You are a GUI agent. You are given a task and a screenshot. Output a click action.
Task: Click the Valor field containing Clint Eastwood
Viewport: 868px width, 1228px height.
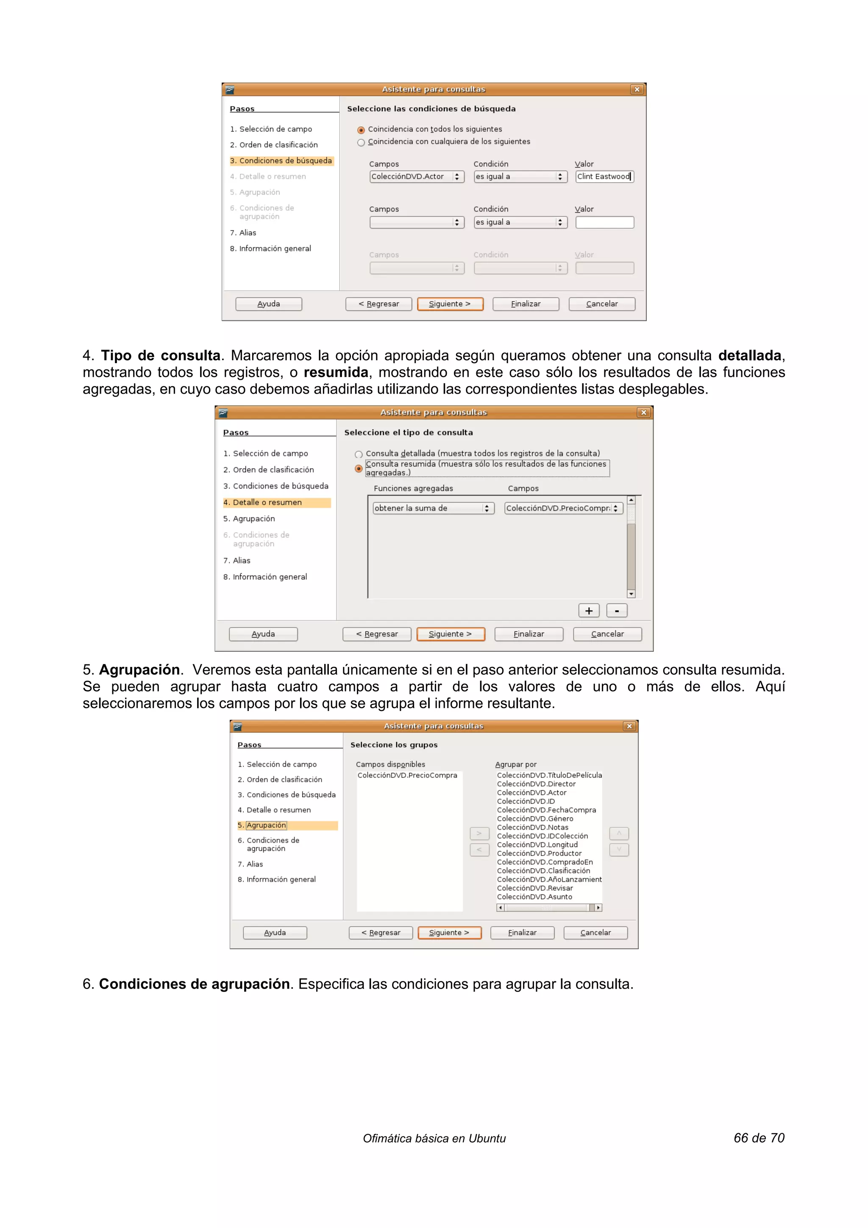point(604,177)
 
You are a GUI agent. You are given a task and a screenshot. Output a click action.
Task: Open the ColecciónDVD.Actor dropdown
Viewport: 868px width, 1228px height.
point(456,177)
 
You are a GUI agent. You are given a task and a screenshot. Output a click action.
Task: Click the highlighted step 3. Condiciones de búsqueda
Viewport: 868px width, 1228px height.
point(281,161)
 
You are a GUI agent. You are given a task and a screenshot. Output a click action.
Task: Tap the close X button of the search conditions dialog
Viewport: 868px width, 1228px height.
point(637,89)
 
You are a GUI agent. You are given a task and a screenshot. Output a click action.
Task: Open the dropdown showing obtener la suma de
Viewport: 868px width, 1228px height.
point(486,508)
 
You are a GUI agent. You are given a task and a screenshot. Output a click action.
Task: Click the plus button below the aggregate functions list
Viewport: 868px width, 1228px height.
point(588,611)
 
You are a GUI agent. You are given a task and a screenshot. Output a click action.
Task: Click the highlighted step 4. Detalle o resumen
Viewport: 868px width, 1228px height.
point(276,502)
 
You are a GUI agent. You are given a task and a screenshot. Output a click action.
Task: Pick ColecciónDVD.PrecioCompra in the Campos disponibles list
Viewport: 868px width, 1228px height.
point(407,775)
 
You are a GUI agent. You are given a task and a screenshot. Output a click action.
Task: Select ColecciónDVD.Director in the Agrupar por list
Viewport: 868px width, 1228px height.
point(536,783)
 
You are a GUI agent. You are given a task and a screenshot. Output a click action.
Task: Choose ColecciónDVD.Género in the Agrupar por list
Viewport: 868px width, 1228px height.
point(535,818)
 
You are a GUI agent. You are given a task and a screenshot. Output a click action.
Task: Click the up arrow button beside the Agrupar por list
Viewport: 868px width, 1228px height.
point(619,833)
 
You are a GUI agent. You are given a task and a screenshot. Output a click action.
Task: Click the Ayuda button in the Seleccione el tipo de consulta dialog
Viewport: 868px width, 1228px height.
point(263,634)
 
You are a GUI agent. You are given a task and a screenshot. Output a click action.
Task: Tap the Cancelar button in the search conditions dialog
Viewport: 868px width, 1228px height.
point(602,304)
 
